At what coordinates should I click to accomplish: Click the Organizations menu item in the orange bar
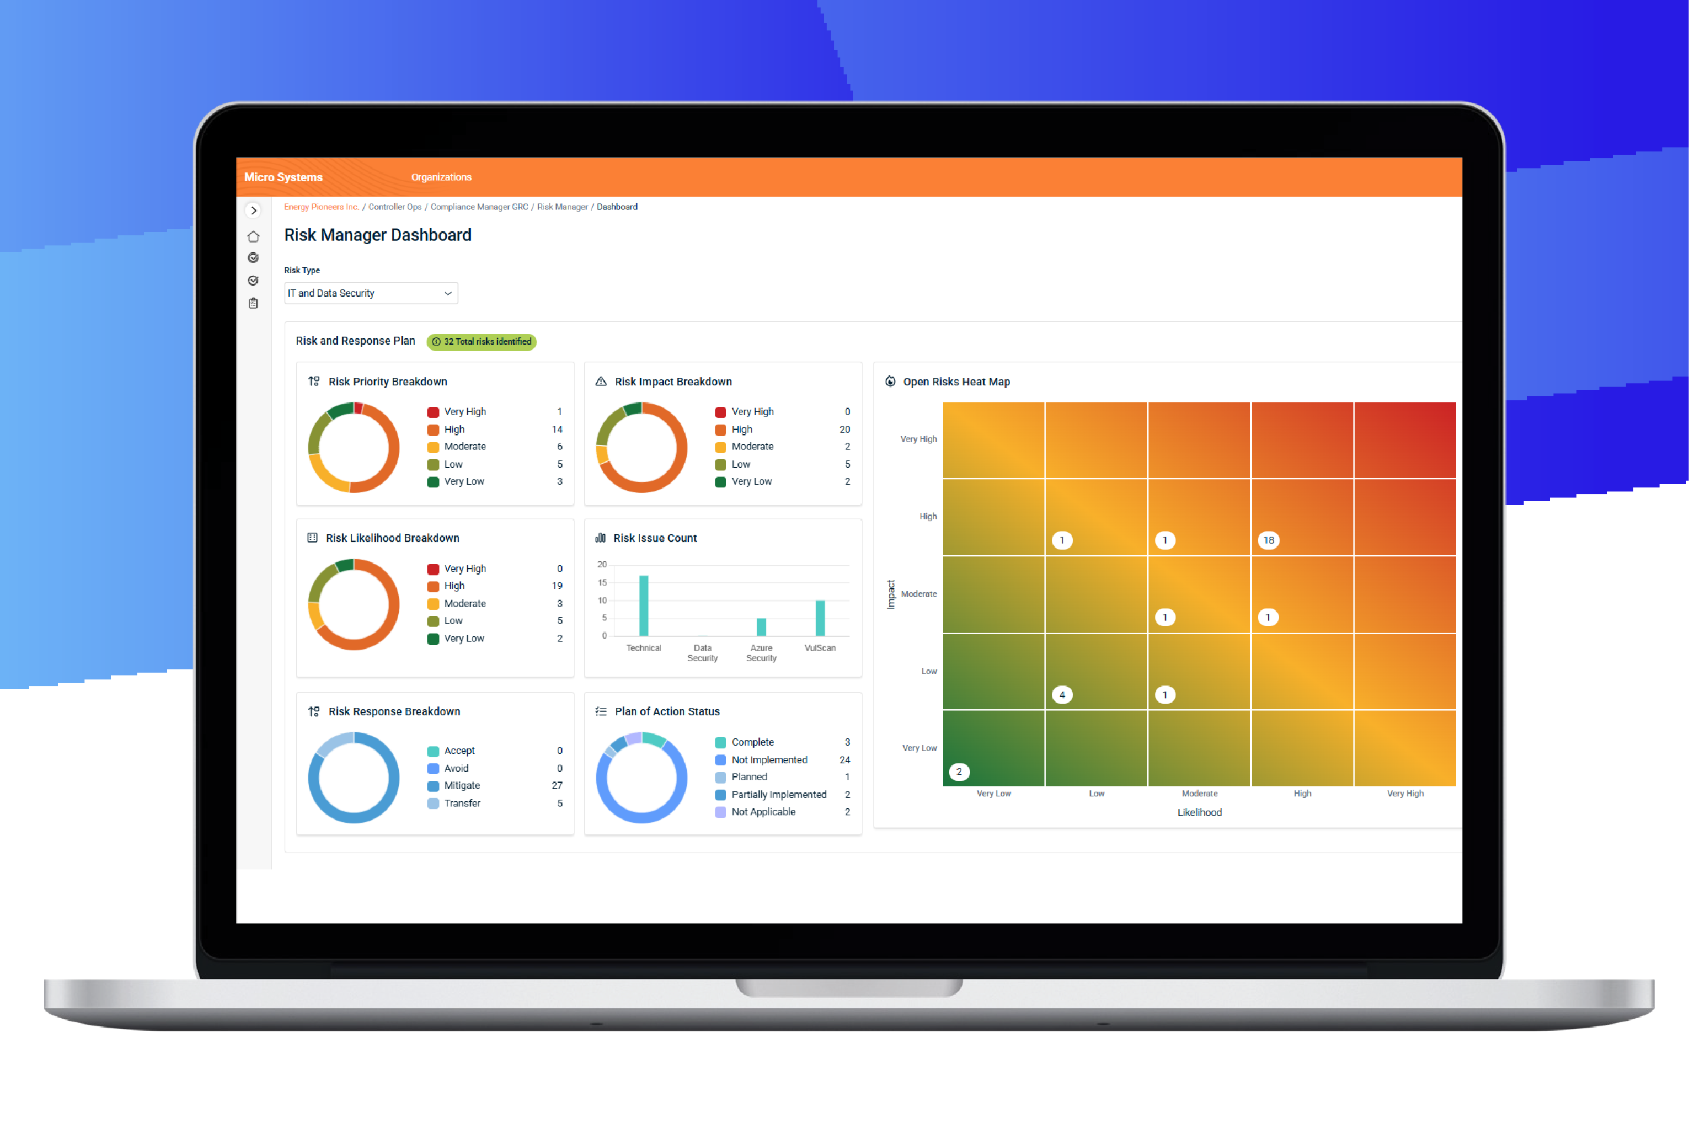441,177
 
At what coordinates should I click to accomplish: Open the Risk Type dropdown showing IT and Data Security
370,293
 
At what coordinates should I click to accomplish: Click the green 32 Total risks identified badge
481,341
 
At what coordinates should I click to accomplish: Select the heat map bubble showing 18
1268,540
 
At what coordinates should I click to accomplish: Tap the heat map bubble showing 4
1062,695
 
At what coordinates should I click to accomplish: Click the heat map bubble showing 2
959,772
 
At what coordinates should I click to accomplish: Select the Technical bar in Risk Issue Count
644,606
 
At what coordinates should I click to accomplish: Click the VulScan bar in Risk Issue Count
820,618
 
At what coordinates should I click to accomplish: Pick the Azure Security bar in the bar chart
761,627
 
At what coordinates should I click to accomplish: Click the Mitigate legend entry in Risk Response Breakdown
461,786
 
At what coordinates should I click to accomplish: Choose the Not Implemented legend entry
769,760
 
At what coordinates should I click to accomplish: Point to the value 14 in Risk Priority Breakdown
557,429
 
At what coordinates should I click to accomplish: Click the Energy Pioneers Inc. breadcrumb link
321,207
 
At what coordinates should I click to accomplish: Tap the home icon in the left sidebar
254,237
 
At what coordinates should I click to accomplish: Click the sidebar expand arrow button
254,210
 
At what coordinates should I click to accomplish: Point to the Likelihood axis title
1199,812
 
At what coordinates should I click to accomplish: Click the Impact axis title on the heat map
891,594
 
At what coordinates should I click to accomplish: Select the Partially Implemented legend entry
778,794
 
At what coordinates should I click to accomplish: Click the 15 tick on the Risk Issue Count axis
602,583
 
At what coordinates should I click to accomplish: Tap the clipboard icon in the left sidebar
254,304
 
